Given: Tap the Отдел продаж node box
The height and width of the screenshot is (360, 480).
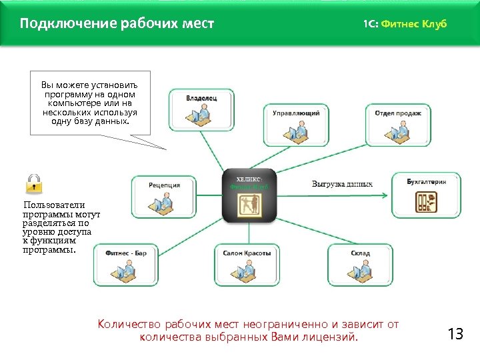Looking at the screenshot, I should (397, 125).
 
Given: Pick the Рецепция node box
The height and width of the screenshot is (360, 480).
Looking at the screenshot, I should (164, 196).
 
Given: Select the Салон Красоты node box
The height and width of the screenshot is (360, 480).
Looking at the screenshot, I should (247, 264).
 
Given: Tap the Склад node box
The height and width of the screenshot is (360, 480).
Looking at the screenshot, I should (360, 264).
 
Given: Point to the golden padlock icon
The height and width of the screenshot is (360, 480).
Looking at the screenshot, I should (34, 183).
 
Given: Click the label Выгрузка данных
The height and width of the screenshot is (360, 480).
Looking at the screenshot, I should (342, 184).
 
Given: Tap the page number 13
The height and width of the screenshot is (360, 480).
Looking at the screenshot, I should (455, 334).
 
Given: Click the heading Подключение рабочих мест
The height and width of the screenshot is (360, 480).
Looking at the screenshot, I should (117, 24).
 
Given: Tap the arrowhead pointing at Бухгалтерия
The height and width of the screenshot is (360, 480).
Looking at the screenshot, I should (383, 195).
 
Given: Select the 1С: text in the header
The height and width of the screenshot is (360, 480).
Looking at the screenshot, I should (371, 24).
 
